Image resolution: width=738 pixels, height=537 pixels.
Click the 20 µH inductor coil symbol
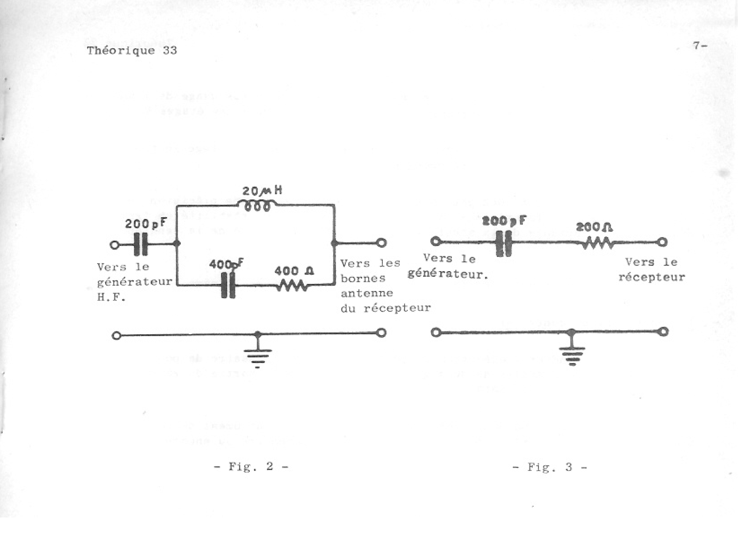(x=257, y=206)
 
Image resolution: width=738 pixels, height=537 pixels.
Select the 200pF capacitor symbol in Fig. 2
(x=140, y=244)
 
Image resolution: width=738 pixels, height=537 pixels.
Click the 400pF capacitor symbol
(x=228, y=285)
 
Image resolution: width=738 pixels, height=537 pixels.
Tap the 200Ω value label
(x=595, y=227)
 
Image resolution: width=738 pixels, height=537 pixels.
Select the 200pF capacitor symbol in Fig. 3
(x=504, y=243)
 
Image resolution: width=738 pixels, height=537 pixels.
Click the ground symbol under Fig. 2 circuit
(x=257, y=357)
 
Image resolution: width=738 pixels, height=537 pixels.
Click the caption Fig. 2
(x=251, y=466)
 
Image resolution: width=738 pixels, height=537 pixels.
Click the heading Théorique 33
(x=132, y=50)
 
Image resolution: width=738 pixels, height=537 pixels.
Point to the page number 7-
(x=700, y=45)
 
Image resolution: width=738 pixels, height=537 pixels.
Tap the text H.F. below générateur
(x=111, y=297)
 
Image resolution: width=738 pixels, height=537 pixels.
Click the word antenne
(x=367, y=293)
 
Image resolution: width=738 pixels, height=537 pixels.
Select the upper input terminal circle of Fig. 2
(x=114, y=245)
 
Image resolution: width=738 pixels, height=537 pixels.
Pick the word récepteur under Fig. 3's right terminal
(x=651, y=277)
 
